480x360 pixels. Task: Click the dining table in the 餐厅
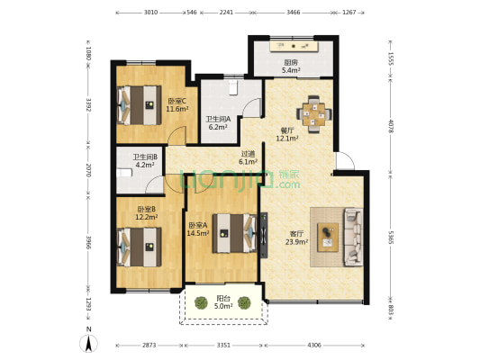tap(313, 114)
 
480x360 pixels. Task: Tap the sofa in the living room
tap(354, 237)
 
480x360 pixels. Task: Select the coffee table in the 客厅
tap(328, 238)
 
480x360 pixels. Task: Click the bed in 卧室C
tap(140, 105)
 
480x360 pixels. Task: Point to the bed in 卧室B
tap(140, 247)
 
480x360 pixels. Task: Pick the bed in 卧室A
tap(235, 233)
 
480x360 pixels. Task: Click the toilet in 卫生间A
tap(233, 86)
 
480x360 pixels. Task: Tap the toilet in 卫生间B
tap(124, 173)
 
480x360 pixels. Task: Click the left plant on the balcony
tap(201, 302)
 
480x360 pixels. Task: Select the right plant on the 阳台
tap(244, 302)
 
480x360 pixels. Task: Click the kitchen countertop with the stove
tap(294, 47)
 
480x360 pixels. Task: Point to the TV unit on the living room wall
tap(264, 235)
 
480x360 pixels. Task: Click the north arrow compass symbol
tap(89, 341)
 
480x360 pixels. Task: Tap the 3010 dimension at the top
tap(150, 13)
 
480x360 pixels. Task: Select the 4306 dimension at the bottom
tap(314, 346)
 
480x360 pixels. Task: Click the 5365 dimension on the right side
tap(391, 238)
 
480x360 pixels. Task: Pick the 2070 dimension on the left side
tap(88, 170)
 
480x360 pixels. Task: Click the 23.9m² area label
tap(296, 242)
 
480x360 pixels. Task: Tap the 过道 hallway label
tap(248, 154)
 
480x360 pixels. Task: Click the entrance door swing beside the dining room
tap(345, 160)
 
